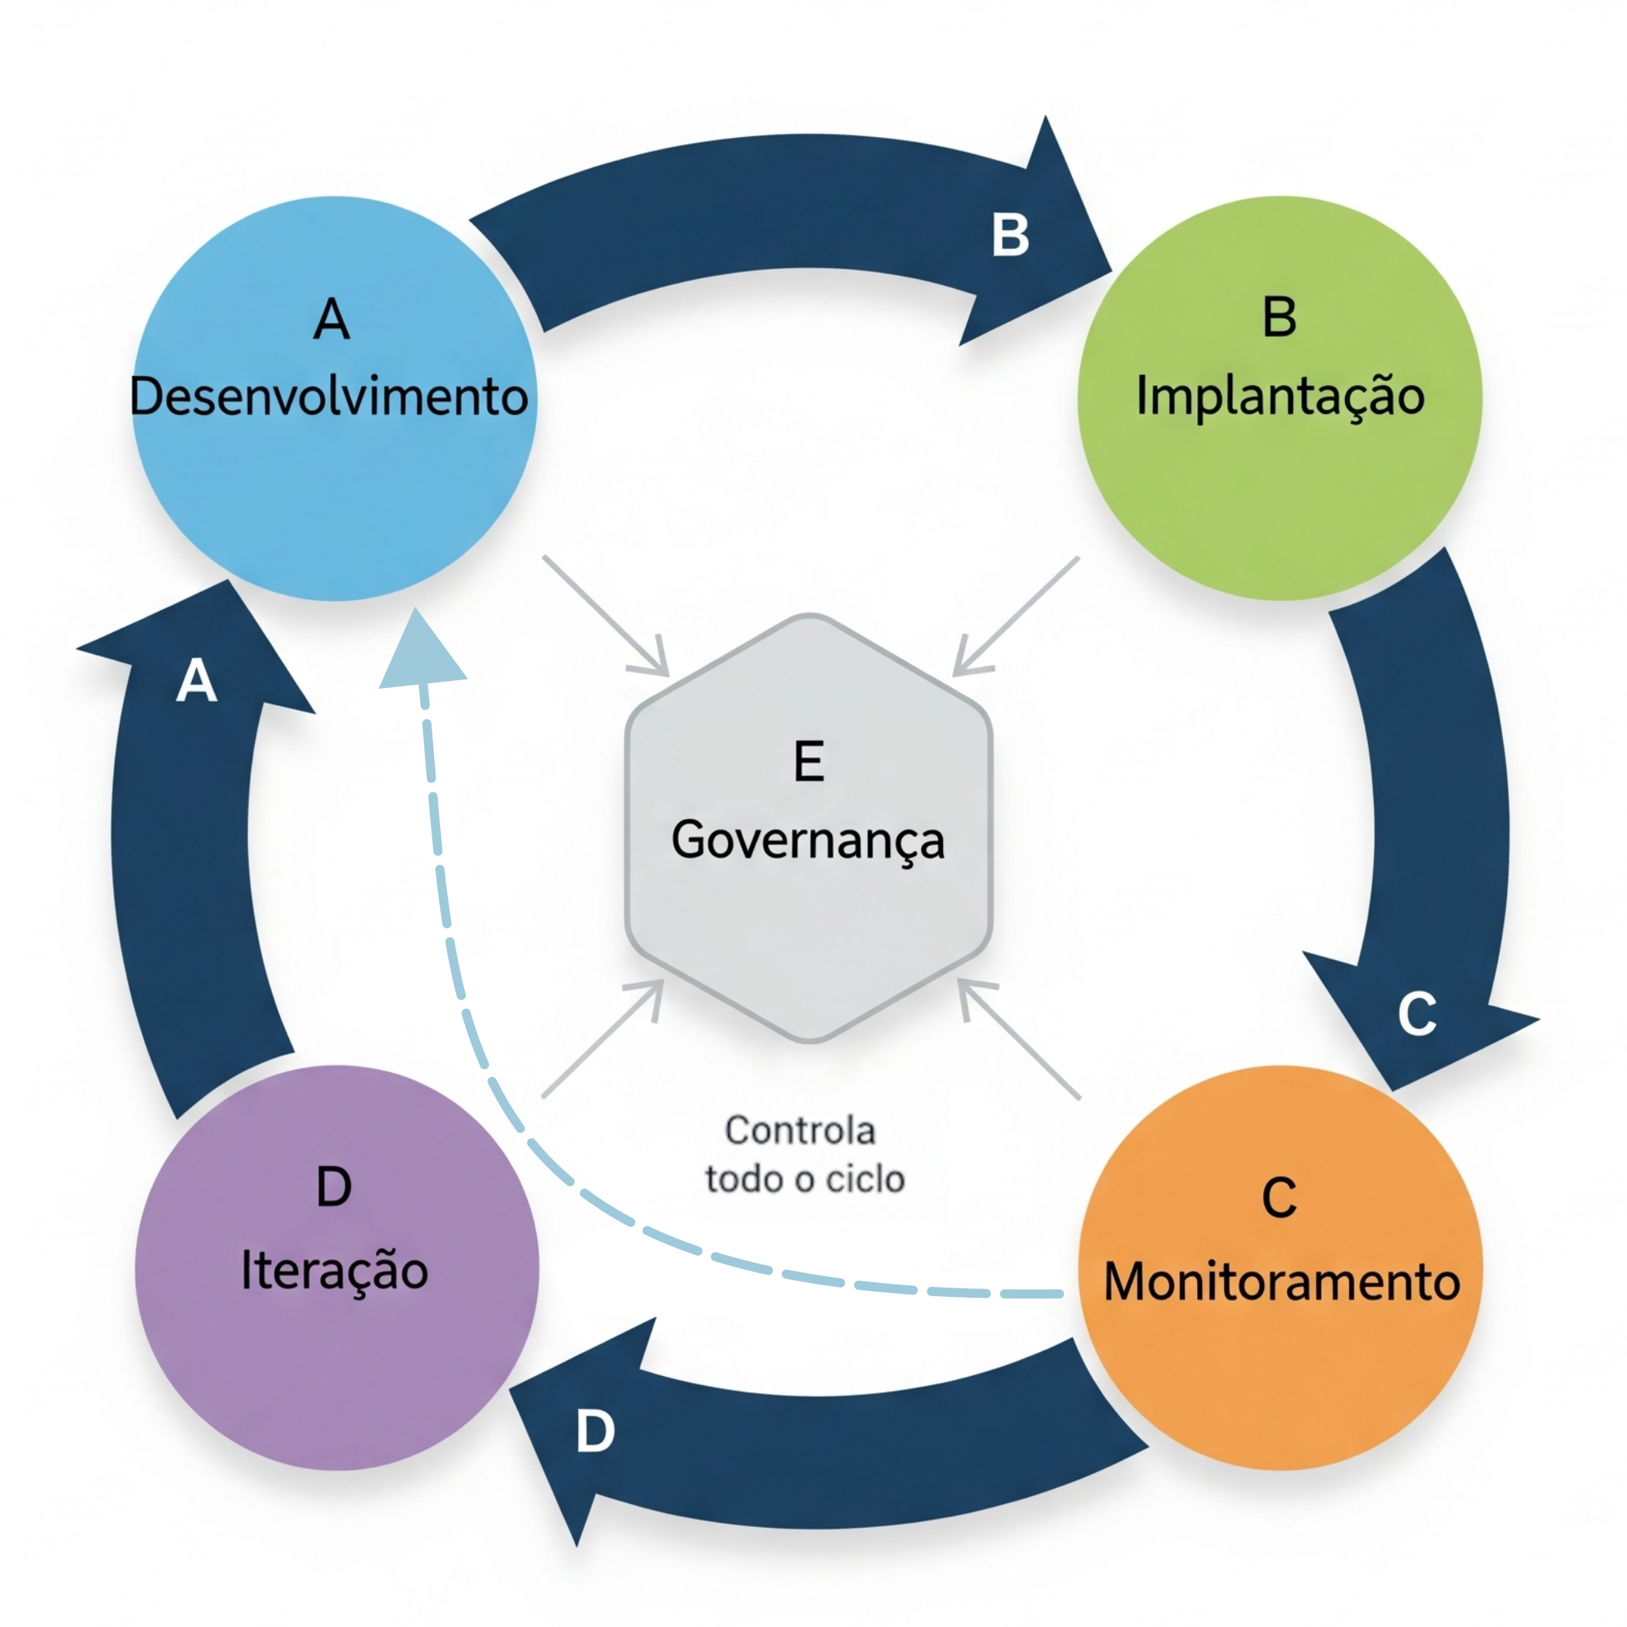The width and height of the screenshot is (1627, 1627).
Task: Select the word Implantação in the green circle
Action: (1280, 396)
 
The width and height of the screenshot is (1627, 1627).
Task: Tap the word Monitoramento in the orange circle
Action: (1281, 1281)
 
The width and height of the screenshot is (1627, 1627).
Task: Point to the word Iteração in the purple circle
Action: (335, 1270)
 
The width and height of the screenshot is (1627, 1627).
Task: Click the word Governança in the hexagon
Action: (807, 841)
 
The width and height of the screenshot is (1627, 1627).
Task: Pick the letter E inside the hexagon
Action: (808, 762)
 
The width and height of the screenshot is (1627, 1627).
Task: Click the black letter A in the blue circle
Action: (331, 319)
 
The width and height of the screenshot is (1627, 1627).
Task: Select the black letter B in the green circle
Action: (1279, 318)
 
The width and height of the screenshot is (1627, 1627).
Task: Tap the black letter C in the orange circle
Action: (1279, 1198)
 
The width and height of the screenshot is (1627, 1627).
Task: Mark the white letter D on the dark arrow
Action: (595, 1432)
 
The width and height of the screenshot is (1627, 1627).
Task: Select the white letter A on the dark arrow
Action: (197, 680)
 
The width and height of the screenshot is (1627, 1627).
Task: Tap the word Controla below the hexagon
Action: (800, 1131)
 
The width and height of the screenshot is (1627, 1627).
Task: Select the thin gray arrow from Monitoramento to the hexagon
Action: (1020, 1040)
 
